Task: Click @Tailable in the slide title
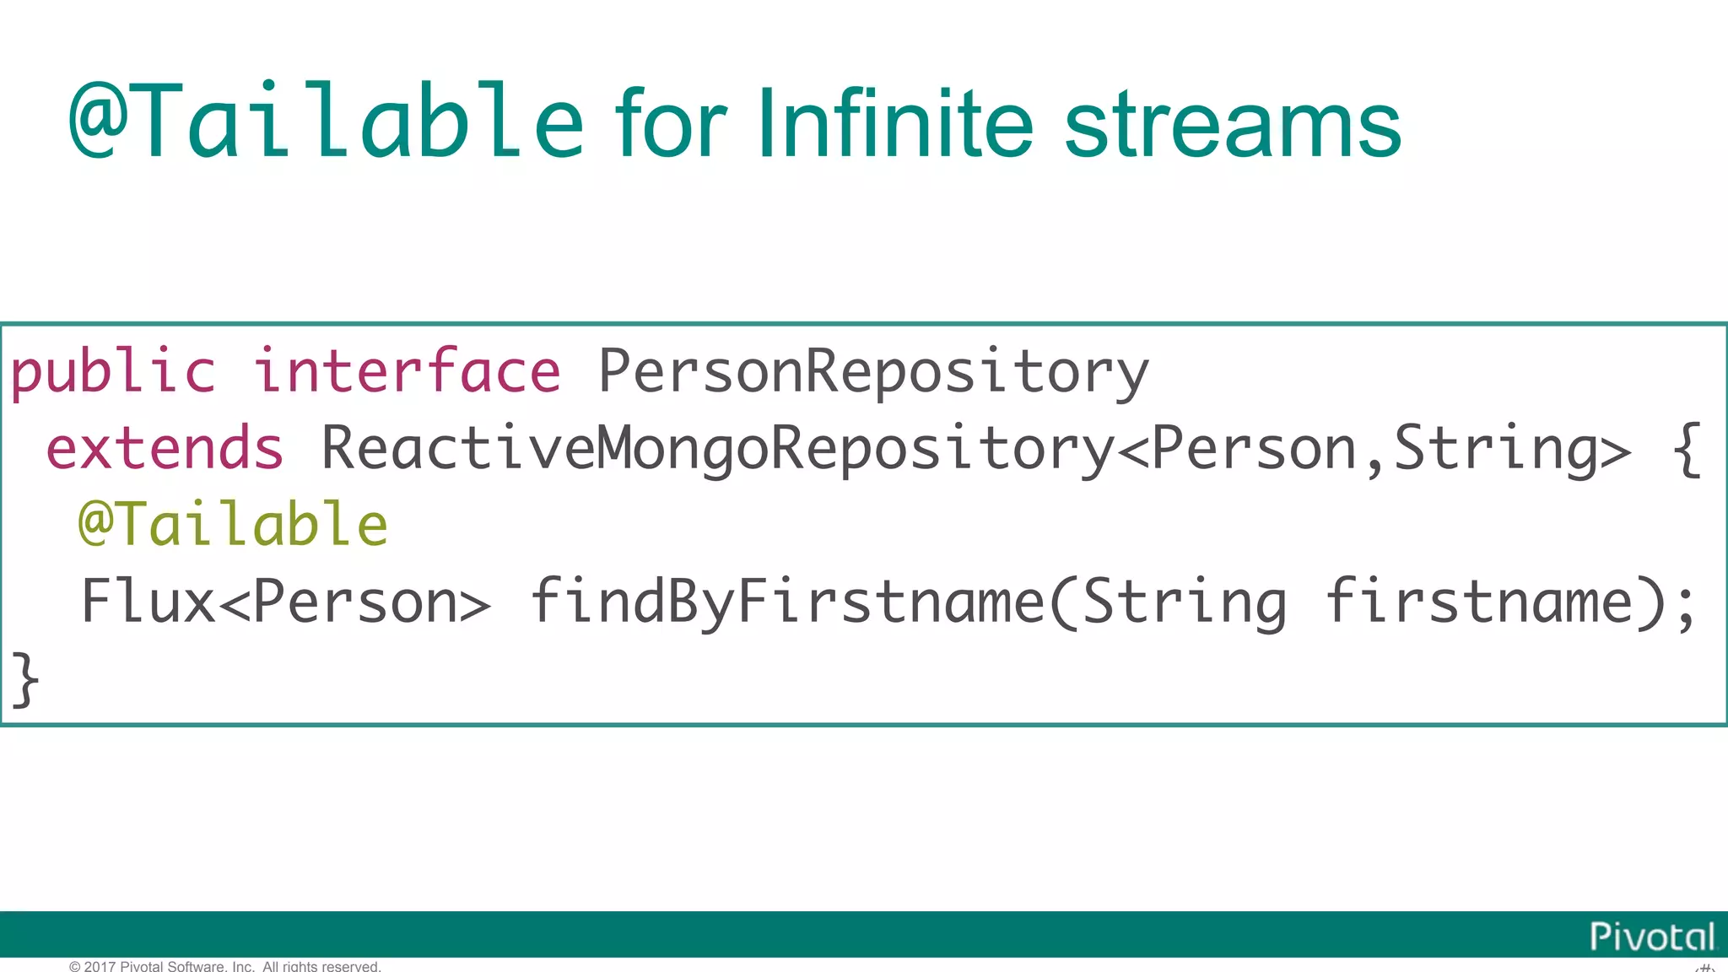click(x=326, y=121)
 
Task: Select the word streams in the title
click(x=1233, y=125)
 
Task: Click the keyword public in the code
click(x=113, y=371)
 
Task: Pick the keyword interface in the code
click(x=407, y=371)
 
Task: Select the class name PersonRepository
click(x=873, y=371)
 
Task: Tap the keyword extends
click(x=165, y=448)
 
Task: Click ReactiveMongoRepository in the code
click(x=718, y=448)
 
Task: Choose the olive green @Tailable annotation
click(x=233, y=524)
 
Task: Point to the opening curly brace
click(x=1687, y=450)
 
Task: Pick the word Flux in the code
click(x=148, y=602)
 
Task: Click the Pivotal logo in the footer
click(x=1651, y=936)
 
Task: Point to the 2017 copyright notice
click(x=225, y=966)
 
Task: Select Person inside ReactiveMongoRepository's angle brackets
click(x=1254, y=448)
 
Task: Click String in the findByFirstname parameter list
click(x=1185, y=602)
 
